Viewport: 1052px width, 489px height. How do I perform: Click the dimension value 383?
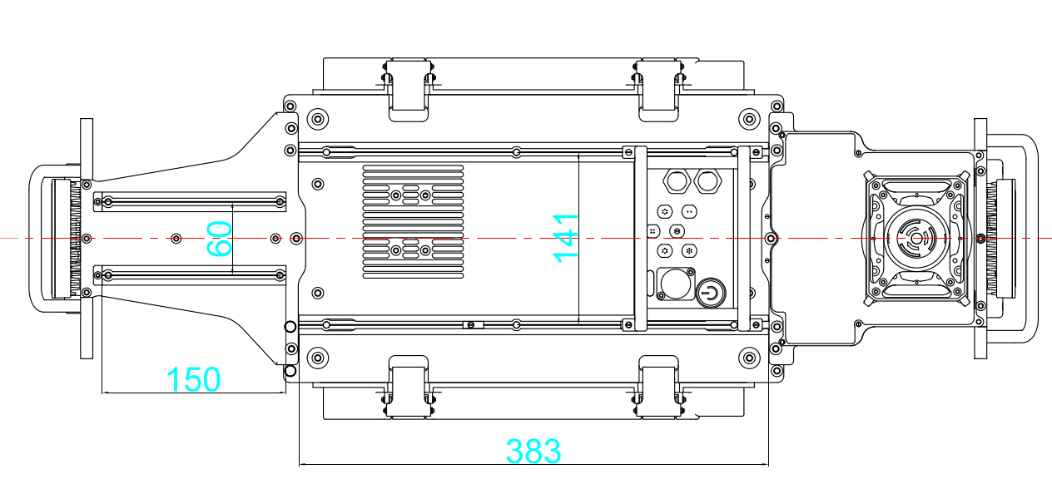[533, 452]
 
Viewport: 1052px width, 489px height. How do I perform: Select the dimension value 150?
[194, 380]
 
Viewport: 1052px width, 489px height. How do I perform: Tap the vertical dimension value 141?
[565, 238]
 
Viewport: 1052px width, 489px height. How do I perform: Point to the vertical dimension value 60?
[219, 239]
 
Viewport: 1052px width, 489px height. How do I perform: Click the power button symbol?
[710, 292]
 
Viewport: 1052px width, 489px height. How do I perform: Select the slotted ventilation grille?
[413, 222]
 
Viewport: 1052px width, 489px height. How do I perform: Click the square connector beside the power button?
[674, 284]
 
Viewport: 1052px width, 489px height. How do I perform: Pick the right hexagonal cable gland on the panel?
[707, 180]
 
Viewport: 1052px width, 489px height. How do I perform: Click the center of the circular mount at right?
[916, 239]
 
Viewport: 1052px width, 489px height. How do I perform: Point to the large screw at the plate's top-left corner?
[317, 118]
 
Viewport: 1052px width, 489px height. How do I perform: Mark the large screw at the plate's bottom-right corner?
[749, 358]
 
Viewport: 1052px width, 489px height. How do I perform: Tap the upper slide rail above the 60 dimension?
[190, 200]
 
